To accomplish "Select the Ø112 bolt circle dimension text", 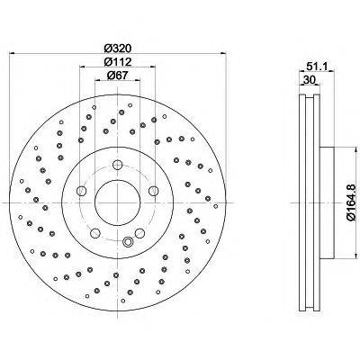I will coord(116,61).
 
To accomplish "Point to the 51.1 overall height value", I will coord(314,65).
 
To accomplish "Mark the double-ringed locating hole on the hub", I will coord(128,241).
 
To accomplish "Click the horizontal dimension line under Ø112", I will coord(116,68).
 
